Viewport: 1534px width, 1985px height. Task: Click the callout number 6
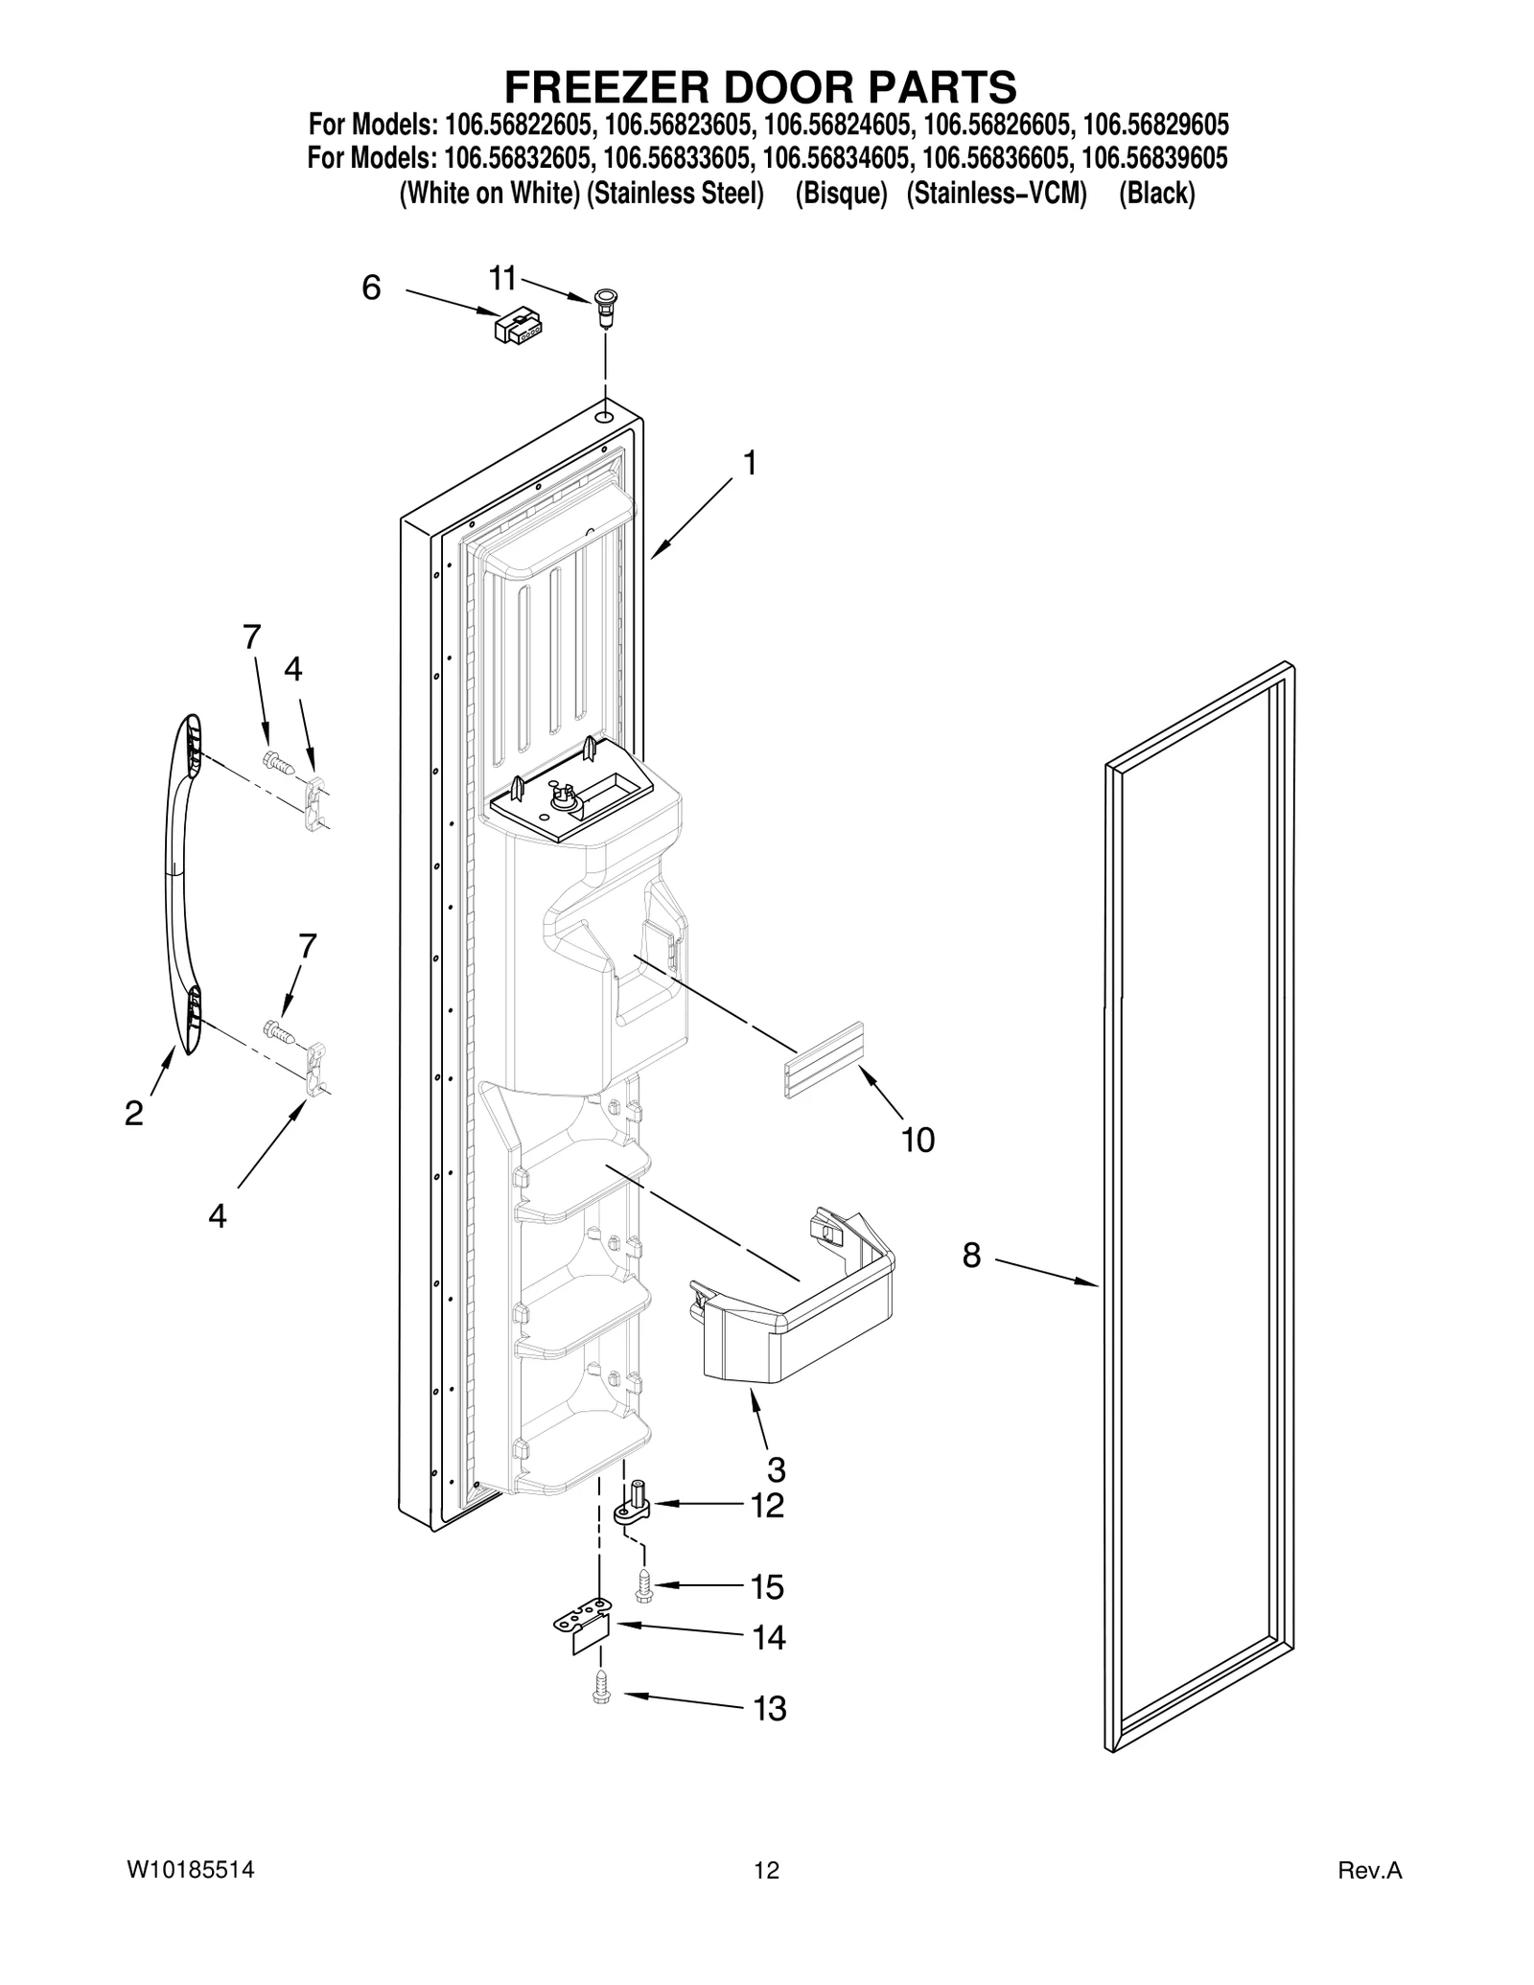pyautogui.click(x=371, y=288)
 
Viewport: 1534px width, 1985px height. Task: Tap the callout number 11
pyautogui.click(x=502, y=279)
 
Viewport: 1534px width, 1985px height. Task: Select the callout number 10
pyautogui.click(x=918, y=1140)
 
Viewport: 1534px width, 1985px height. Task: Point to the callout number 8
pyautogui.click(x=971, y=1255)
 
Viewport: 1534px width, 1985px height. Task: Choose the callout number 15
pyautogui.click(x=767, y=1587)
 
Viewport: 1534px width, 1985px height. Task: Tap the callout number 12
pyautogui.click(x=767, y=1506)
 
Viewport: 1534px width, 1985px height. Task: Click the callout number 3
pyautogui.click(x=776, y=1469)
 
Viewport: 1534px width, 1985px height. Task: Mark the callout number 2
pyautogui.click(x=134, y=1113)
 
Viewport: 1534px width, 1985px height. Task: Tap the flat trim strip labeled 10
pyautogui.click(x=825, y=1058)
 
